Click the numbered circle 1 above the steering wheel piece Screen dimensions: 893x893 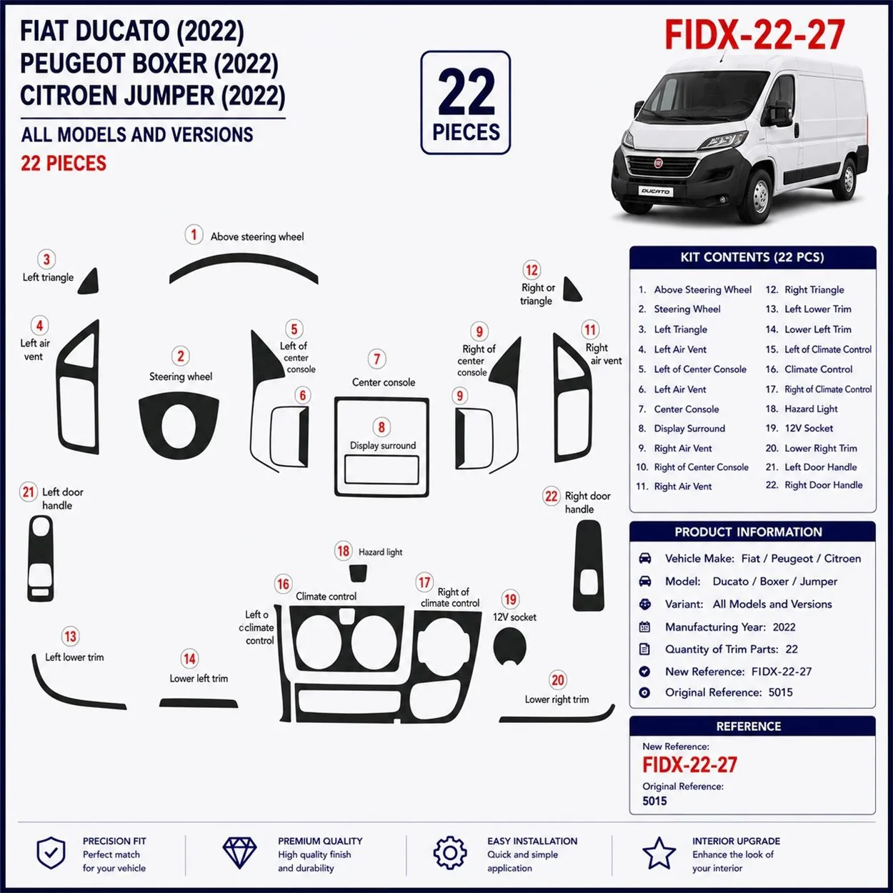coord(194,234)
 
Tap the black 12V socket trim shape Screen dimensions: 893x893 coord(510,647)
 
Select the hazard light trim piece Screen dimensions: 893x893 coord(358,573)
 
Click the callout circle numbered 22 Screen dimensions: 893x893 coord(551,497)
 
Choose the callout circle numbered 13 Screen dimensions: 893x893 coord(70,637)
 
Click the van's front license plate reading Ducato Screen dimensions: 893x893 coord(655,191)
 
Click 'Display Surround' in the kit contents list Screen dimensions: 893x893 coord(689,429)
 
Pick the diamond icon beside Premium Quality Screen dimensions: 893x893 coord(239,853)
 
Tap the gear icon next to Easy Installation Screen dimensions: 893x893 coord(449,853)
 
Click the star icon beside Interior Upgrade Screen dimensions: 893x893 coord(659,853)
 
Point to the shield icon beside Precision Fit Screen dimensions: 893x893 coord(51,853)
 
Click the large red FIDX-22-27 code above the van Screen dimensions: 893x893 coord(755,35)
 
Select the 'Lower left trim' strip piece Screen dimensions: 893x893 coord(199,703)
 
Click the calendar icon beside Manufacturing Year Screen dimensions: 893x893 coord(644,627)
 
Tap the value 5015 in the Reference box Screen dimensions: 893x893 coord(654,801)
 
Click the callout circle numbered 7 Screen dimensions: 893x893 coord(376,359)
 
